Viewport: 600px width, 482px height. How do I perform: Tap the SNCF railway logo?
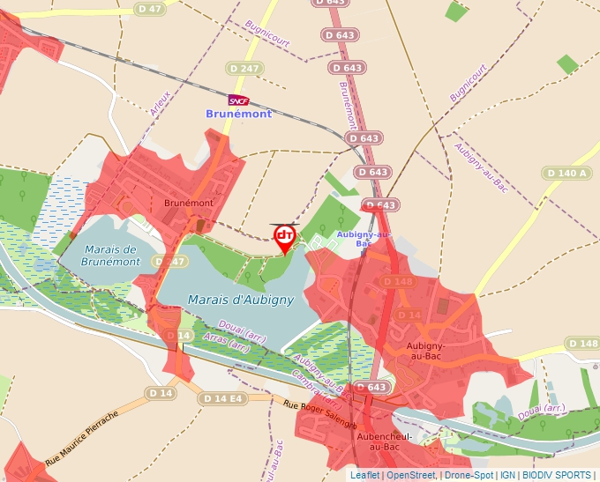[238, 100]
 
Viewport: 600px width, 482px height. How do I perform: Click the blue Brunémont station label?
[239, 114]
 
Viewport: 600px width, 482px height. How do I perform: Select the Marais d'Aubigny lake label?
[240, 300]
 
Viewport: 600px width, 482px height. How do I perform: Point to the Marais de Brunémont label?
[110, 256]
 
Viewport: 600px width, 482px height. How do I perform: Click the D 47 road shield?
[149, 8]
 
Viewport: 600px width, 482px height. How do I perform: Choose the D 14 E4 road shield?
[221, 398]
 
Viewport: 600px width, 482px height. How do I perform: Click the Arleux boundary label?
[160, 107]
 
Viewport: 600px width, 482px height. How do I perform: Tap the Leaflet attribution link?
[364, 475]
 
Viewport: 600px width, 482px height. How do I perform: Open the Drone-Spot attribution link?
[469, 475]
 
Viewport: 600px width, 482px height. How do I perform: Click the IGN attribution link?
[507, 475]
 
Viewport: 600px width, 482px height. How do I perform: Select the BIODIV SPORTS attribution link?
[558, 475]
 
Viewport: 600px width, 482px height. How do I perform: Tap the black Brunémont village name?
[189, 203]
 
